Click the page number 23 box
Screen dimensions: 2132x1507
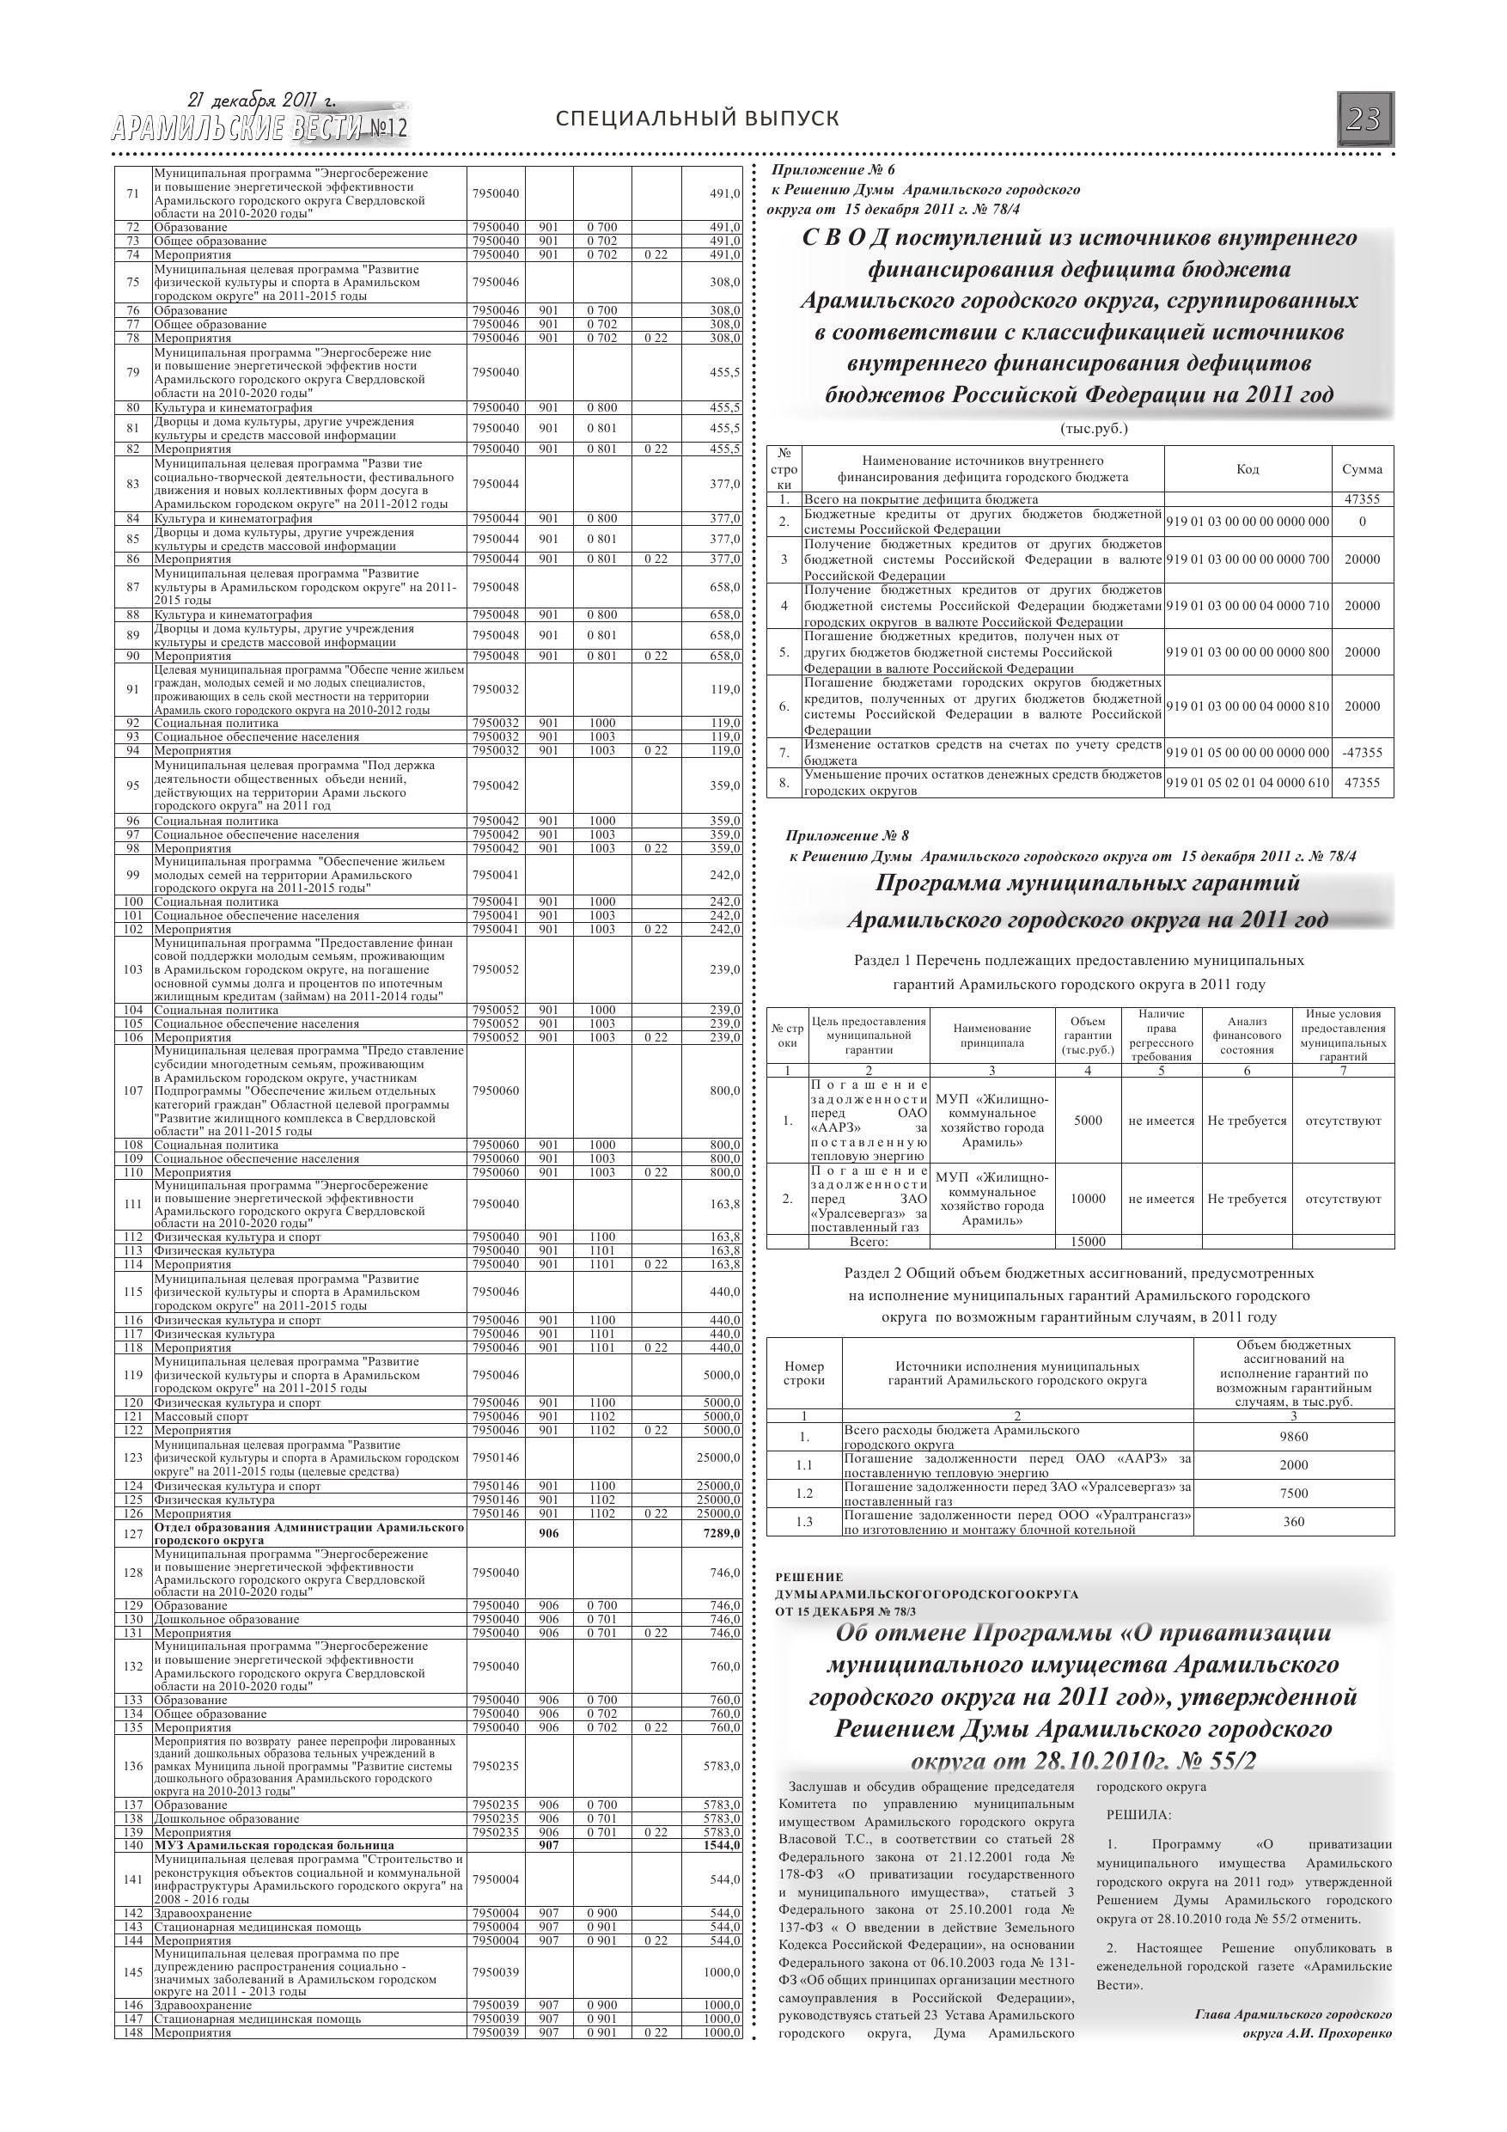tap(1364, 119)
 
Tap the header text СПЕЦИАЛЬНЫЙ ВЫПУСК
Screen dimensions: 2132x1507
tap(697, 119)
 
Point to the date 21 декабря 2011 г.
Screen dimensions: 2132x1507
tap(262, 101)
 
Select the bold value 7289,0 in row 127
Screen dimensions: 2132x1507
tap(722, 1533)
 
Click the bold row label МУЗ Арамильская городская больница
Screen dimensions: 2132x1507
tap(274, 1845)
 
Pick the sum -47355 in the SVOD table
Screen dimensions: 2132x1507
tap(1361, 752)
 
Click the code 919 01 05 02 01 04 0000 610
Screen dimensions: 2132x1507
tap(1247, 782)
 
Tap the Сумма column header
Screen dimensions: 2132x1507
tap(1361, 469)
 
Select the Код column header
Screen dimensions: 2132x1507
tap(1247, 469)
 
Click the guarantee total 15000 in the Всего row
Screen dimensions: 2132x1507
tap(1088, 1242)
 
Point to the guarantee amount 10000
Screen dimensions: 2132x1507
tap(1088, 1199)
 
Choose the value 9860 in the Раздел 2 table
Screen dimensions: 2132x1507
tap(1292, 1437)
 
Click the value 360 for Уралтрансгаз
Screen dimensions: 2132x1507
tap(1292, 1521)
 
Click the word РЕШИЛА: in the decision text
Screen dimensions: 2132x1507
tap(1138, 1813)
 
